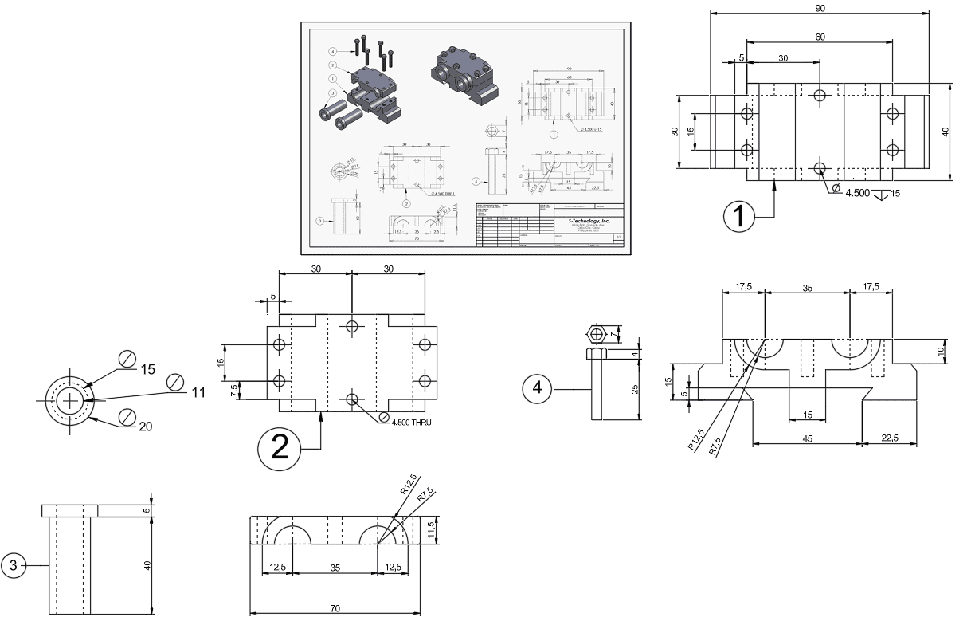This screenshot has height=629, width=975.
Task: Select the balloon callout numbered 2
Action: coord(280,449)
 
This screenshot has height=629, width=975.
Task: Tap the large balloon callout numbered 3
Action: coord(13,565)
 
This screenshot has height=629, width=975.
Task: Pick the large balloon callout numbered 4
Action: coord(538,388)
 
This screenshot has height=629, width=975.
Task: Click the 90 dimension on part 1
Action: coord(820,8)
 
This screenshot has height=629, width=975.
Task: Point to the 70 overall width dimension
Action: coord(335,608)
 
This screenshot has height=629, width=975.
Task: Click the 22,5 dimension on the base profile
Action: coord(890,438)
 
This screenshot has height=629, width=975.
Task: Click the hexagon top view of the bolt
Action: coord(596,332)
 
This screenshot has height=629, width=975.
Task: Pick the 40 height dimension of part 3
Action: coord(147,564)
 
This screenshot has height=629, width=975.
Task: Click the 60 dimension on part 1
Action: coord(820,37)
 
